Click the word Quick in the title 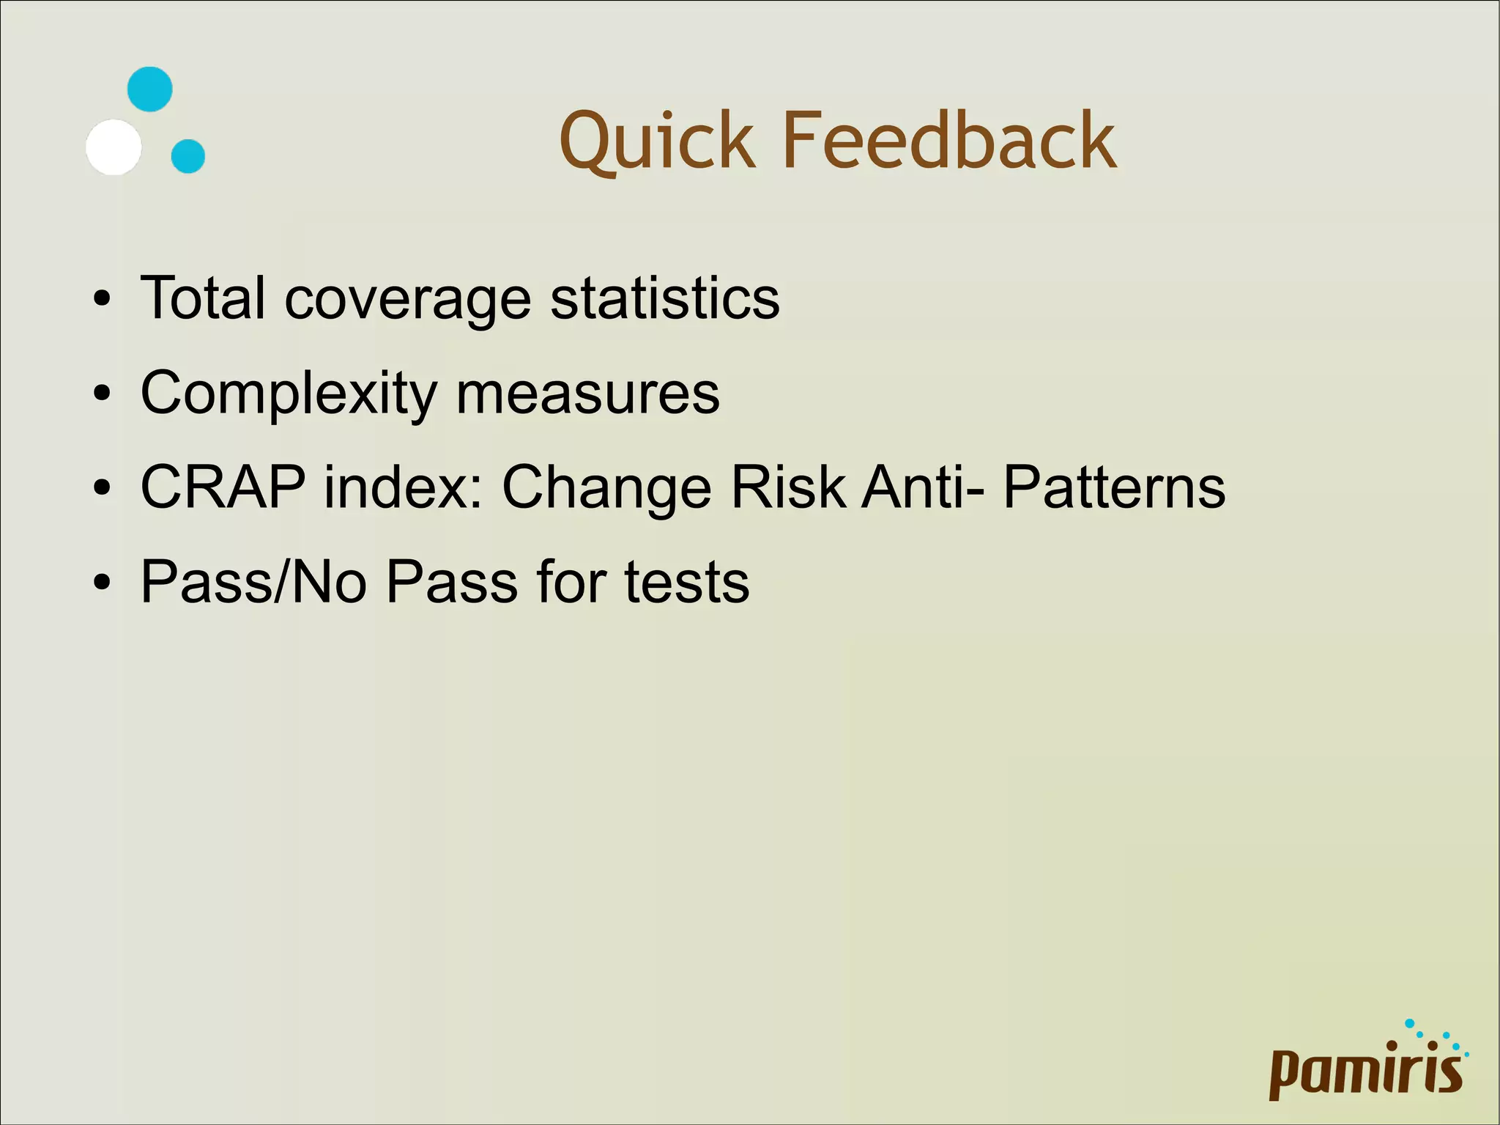coord(657,141)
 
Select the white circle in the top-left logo coord(114,147)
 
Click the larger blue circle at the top coord(150,89)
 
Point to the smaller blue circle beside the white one coord(188,156)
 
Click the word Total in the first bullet coord(202,298)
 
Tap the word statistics coord(665,298)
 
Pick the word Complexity coord(289,394)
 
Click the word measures coord(588,394)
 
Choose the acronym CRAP coord(223,487)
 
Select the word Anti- coord(923,487)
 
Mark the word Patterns coord(1114,487)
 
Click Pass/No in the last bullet coord(253,582)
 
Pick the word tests coord(687,582)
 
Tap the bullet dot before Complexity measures coord(103,394)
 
